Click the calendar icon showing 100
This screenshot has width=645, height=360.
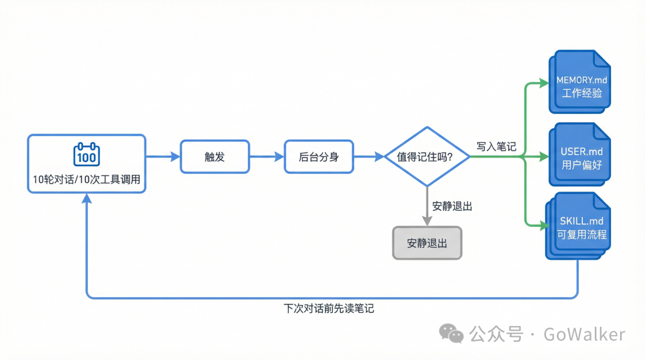[87, 155]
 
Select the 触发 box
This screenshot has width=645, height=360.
[214, 157]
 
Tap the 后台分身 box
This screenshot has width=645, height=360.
[318, 157]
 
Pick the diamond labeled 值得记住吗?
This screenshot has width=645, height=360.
[426, 157]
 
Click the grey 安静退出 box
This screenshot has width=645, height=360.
[427, 243]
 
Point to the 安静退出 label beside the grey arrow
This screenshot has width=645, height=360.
[452, 207]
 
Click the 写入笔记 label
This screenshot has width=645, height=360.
[496, 146]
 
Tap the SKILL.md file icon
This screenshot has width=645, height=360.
[579, 224]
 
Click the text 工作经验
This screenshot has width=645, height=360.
[582, 93]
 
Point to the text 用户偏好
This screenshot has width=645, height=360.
[582, 165]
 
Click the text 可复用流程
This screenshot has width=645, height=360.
[582, 235]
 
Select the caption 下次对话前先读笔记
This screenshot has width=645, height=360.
[328, 309]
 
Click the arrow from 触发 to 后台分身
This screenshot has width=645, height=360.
[266, 157]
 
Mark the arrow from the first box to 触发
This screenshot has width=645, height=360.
[163, 157]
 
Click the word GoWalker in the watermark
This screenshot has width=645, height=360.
[583, 334]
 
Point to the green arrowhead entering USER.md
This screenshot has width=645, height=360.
[543, 157]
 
